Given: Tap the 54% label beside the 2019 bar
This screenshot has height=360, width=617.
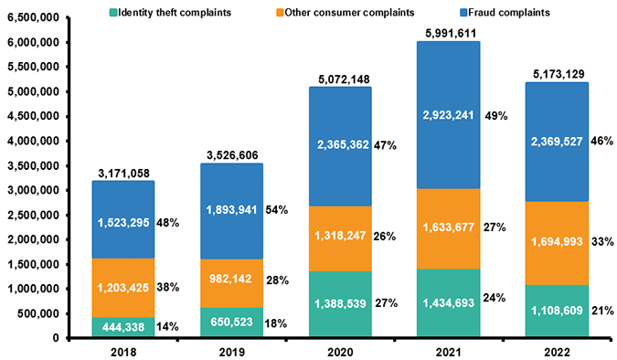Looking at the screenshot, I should point(277,209).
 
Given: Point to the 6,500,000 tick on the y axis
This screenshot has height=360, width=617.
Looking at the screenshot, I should point(33,18).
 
